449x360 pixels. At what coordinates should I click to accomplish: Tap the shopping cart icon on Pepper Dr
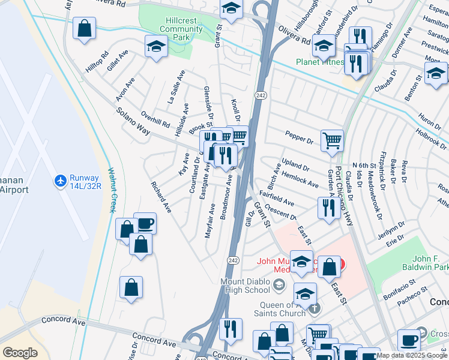(x=332, y=141)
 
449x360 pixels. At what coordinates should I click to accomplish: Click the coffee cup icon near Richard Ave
(x=145, y=224)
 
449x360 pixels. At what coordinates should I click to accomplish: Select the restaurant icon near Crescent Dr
(x=328, y=208)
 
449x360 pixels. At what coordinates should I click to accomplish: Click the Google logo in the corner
(x=20, y=352)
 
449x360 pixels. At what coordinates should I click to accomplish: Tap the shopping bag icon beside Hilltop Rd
(x=85, y=27)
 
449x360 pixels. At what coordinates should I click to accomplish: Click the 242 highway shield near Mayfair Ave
(x=234, y=260)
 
